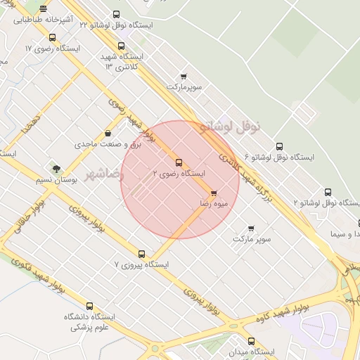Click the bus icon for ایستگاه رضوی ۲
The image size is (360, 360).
click(179, 162)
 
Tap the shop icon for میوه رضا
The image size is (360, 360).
click(214, 193)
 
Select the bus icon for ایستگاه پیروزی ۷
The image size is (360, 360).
click(142, 254)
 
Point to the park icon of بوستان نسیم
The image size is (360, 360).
click(56, 168)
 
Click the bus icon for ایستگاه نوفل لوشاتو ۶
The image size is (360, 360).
click(279, 147)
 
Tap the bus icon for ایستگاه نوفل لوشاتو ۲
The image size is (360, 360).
click(328, 192)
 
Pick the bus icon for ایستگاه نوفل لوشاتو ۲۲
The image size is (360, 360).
click(116, 14)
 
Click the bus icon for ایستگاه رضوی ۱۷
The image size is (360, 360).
click(52, 38)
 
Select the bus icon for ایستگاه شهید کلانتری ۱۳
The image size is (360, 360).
click(122, 46)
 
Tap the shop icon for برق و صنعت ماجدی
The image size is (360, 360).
click(108, 134)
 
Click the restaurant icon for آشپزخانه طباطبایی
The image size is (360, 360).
click(44, 10)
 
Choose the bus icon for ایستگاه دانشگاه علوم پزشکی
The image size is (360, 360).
click(89, 306)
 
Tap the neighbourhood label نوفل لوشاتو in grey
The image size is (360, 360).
click(230, 127)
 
